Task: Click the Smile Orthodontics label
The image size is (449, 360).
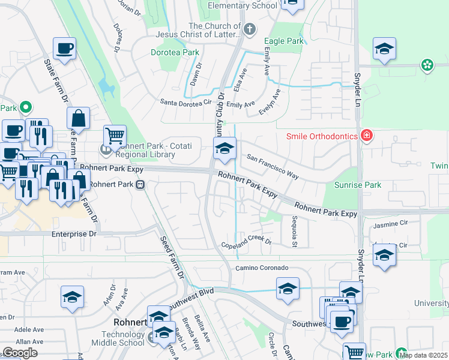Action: pos(322,136)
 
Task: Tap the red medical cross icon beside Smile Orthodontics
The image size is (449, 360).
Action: pos(366,136)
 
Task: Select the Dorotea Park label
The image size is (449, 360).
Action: pos(174,52)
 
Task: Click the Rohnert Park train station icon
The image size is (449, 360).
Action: pos(140,185)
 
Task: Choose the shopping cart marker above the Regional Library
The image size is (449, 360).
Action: pos(114,136)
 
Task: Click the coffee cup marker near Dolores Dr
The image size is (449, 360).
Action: pos(64,48)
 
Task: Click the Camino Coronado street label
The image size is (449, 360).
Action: pos(262,267)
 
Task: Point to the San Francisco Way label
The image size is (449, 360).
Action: pos(273,166)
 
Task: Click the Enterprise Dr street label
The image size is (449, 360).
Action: pos(74,234)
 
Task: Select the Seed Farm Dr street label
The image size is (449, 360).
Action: pos(172,257)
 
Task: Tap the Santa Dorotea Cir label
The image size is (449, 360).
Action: pos(185,103)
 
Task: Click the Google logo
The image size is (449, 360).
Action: pos(20,353)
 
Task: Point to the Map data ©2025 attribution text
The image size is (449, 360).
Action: pos(424,355)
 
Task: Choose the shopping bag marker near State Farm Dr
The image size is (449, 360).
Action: pos(78,118)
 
